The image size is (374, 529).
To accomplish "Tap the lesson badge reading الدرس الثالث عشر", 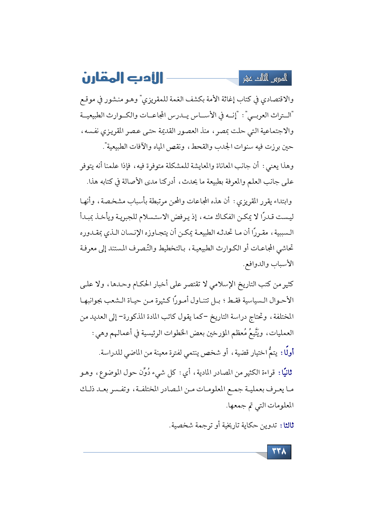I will (x=265, y=78).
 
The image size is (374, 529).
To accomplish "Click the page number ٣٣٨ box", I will (x=279, y=452).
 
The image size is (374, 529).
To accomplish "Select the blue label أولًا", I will (x=287, y=352).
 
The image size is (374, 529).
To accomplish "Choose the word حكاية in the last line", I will (x=250, y=425).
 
